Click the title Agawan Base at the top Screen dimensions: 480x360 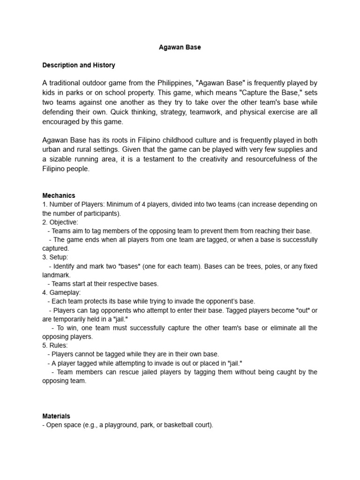point(180,47)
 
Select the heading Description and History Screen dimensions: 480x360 point(78,65)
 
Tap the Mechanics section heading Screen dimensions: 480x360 point(59,195)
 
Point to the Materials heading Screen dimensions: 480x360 point(56,416)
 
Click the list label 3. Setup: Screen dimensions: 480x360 point(55,257)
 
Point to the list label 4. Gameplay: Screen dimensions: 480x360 point(61,292)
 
